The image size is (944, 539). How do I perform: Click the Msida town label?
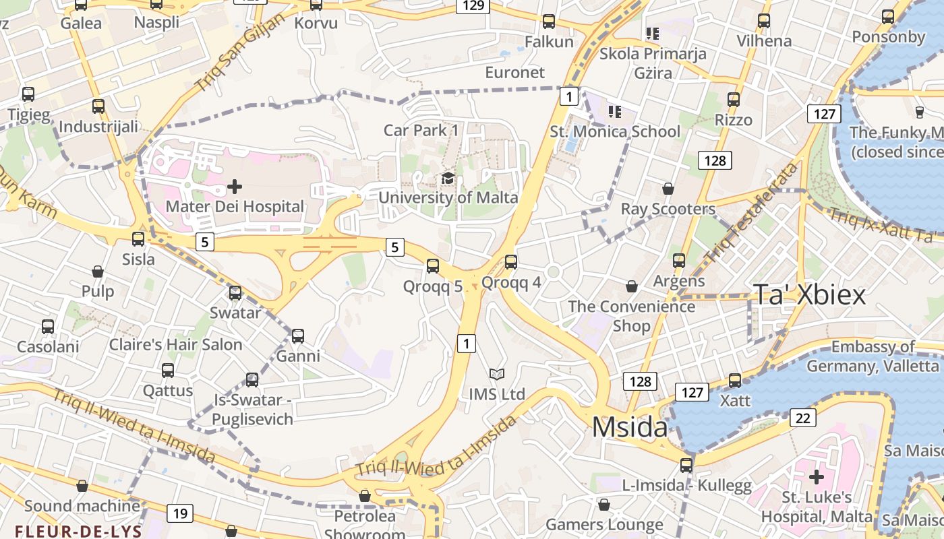[x=629, y=427]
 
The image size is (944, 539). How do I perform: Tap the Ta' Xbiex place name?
[x=808, y=294]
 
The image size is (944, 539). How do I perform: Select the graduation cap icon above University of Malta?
[x=448, y=179]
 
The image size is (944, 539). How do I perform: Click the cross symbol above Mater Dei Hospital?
[x=235, y=186]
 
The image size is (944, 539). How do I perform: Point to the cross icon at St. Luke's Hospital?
[x=816, y=477]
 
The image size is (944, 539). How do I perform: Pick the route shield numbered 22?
[x=802, y=418]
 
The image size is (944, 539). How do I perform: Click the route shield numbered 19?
[x=179, y=513]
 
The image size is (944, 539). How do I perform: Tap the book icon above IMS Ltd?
[x=496, y=374]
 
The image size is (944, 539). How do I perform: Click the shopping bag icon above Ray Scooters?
[x=668, y=189]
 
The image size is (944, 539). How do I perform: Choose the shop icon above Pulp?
[x=98, y=272]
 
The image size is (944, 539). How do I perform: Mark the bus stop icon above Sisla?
[x=138, y=239]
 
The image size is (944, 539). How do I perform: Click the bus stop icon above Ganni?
[x=297, y=336]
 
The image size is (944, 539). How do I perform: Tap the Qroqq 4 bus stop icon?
[x=511, y=262]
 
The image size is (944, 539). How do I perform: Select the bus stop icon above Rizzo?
[x=734, y=100]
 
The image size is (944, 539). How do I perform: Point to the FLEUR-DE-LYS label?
[x=78, y=531]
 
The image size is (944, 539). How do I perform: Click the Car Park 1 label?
[x=421, y=130]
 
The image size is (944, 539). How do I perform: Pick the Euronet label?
[x=514, y=72]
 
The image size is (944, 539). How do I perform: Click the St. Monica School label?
[x=615, y=131]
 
